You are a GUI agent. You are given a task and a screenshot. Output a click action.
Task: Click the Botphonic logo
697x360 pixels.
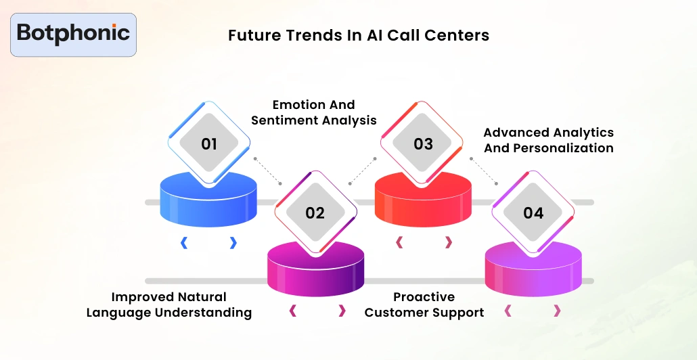[x=73, y=34]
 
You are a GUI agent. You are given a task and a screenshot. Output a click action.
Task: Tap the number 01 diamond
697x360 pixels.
[x=209, y=143]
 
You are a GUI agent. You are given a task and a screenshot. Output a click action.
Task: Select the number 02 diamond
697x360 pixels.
[x=315, y=212]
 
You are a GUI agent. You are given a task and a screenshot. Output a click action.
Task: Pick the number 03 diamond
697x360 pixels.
[x=423, y=143]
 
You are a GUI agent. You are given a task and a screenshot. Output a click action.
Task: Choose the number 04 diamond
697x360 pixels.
[x=533, y=212]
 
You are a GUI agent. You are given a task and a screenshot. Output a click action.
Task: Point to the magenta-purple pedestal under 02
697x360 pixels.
[x=315, y=271]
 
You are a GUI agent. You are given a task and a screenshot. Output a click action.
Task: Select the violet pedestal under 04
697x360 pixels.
[x=533, y=271]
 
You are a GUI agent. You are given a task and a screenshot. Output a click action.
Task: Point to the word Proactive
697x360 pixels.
[x=424, y=297]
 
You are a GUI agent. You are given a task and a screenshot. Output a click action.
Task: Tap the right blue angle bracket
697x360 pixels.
[x=233, y=242]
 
